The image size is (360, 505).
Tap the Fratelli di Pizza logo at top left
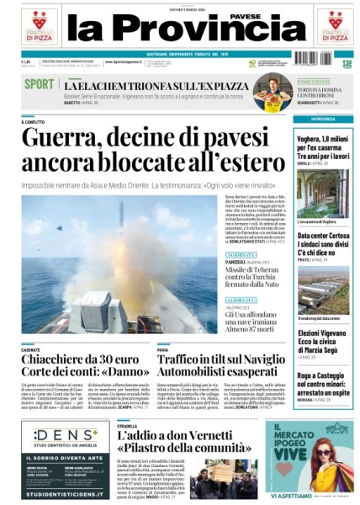(x=40, y=26)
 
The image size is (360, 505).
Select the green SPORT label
(x=39, y=83)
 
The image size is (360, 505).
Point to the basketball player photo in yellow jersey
(x=271, y=92)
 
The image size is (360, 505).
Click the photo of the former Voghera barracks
(x=323, y=194)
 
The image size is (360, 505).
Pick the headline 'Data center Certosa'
(x=323, y=242)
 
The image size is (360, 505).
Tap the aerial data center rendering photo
(x=323, y=290)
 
